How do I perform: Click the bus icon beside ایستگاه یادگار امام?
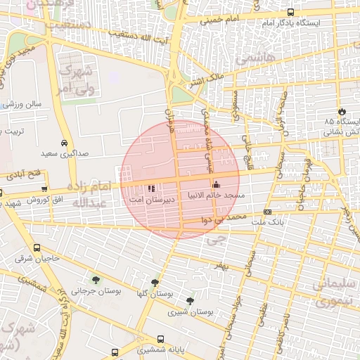click(290, 12)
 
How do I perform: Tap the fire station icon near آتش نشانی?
click(342, 111)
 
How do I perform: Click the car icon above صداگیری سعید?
click(64, 141)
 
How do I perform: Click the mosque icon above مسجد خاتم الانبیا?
click(215, 184)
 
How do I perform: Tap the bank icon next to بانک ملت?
click(267, 212)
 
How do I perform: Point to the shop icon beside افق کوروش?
click(45, 188)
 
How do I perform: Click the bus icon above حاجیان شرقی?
click(37, 248)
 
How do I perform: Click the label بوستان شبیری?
click(196, 311)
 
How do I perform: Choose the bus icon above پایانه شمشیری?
click(161, 337)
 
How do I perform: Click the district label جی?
click(214, 240)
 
